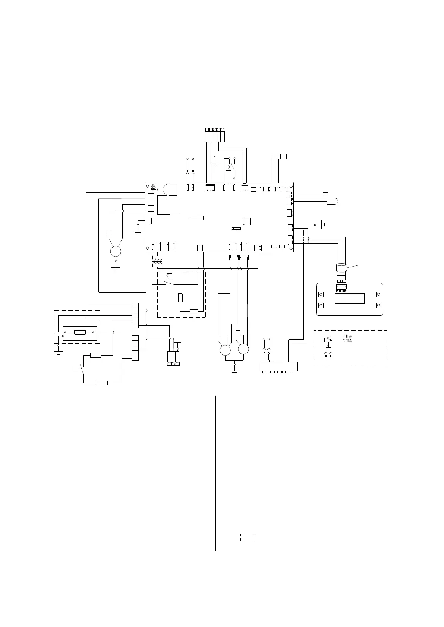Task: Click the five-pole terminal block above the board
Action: coord(215,135)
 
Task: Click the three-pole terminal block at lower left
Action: coord(173,359)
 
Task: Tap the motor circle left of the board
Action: coord(116,252)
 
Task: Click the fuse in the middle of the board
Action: coord(197,218)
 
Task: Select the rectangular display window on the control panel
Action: coord(349,299)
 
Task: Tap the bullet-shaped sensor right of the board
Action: coord(333,201)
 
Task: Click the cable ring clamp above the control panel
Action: coord(341,267)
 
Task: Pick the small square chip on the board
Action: coord(246,221)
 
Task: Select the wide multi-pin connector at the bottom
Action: coord(278,366)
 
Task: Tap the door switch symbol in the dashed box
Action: coord(328,340)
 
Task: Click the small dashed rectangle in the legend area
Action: coord(248,537)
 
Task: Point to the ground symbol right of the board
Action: coord(323,225)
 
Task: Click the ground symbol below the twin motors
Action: coord(234,371)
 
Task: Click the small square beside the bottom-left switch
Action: coord(75,369)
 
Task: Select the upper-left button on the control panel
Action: coord(321,295)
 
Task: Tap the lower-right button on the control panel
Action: coord(378,305)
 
